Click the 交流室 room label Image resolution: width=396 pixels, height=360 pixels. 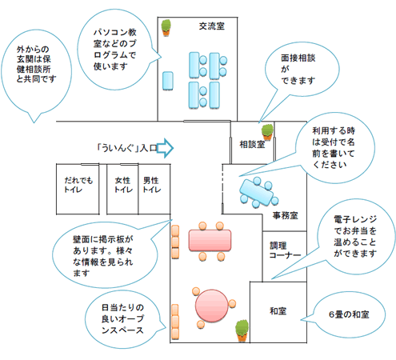tap(212, 26)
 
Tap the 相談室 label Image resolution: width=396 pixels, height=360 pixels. tap(252, 144)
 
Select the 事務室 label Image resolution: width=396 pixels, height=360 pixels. tap(285, 215)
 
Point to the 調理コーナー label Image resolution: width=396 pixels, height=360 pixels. tap(285, 250)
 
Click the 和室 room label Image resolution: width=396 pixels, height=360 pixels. tap(278, 311)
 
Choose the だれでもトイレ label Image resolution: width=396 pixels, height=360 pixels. tap(78, 185)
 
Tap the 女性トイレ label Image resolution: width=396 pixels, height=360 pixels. tap(123, 185)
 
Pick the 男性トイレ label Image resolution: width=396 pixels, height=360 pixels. tap(152, 185)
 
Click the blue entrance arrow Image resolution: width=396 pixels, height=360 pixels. tap(165, 148)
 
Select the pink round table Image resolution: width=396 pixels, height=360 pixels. tap(211, 306)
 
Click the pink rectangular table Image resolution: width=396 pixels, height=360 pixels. tap(210, 241)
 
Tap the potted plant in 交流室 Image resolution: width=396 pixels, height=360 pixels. tap(166, 28)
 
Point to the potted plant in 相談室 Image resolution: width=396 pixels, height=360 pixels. tap(267, 132)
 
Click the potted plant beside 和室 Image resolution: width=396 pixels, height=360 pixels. tap(242, 330)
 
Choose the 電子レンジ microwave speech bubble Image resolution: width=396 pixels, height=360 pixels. tap(354, 237)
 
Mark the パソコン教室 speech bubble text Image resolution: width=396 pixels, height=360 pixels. tap(114, 50)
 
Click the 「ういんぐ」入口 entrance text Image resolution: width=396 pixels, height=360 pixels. tap(126, 148)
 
